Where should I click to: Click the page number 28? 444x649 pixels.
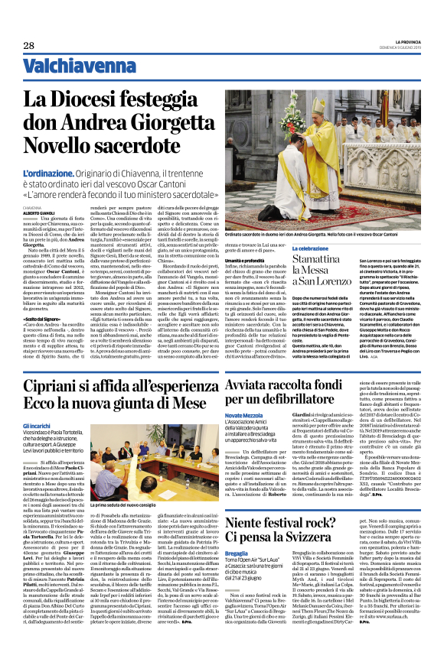[x=28, y=46]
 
